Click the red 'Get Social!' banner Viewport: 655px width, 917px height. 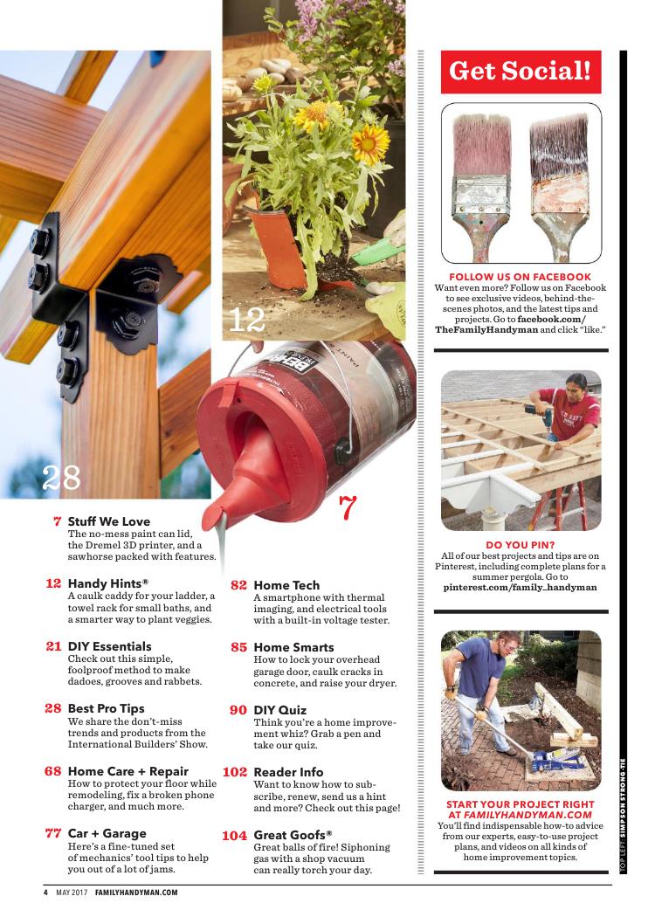point(521,72)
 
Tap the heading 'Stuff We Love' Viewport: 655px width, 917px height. point(109,521)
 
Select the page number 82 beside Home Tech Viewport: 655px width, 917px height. point(238,585)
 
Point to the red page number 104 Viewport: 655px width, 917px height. point(235,835)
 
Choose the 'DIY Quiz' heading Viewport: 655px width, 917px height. point(279,710)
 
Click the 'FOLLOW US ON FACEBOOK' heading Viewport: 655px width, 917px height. point(520,277)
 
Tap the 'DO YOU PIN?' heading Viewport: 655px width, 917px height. point(520,544)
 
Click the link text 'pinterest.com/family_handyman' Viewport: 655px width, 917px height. point(520,587)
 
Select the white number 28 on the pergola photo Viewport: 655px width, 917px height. point(61,478)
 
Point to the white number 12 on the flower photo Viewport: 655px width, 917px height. point(246,320)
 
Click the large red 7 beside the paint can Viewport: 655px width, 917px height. point(348,507)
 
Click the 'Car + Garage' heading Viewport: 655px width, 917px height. point(107,833)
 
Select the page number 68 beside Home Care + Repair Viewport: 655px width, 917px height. point(52,771)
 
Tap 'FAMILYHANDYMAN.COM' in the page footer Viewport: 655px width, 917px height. point(136,893)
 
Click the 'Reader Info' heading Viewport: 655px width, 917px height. point(288,772)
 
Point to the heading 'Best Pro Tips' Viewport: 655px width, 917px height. point(106,708)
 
